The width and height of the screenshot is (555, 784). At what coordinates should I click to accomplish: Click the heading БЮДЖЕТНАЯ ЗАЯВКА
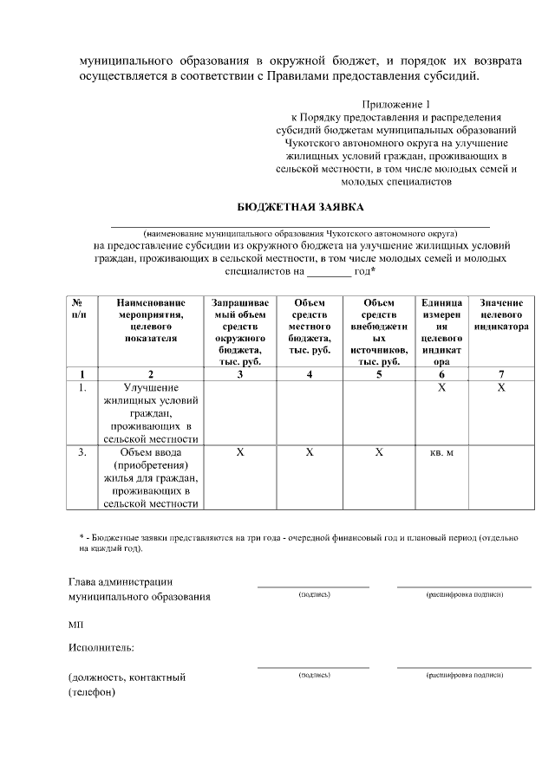(301, 207)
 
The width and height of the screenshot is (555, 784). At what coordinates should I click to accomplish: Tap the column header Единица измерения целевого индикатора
(441, 332)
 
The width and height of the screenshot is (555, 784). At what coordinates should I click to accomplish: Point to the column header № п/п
(82, 309)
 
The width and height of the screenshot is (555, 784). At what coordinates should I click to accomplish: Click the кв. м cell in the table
(441, 452)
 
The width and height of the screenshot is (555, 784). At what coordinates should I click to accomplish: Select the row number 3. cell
(82, 452)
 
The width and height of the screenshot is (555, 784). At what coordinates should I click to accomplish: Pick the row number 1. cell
(82, 388)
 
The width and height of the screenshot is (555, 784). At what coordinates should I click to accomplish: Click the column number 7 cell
(501, 374)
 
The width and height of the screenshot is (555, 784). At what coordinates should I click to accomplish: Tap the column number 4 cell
(310, 374)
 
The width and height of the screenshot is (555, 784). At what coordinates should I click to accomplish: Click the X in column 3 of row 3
(239, 452)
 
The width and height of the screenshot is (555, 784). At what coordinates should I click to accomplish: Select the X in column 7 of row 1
(501, 388)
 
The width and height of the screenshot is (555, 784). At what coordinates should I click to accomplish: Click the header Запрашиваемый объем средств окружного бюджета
(239, 332)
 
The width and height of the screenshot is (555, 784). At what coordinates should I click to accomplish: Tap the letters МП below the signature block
(75, 624)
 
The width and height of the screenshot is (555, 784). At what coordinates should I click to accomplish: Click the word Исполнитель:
(101, 647)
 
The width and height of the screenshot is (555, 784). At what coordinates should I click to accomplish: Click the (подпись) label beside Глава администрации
(313, 595)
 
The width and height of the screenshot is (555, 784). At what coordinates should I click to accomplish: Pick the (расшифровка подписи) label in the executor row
(464, 674)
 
